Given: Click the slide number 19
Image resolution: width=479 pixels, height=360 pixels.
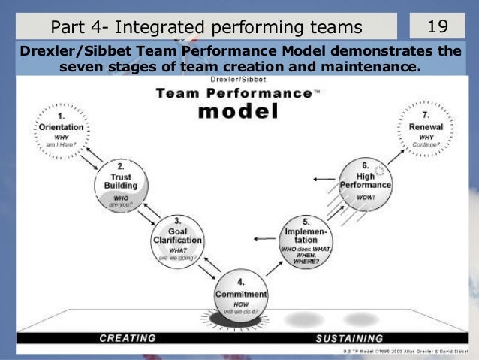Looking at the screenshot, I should point(437,27).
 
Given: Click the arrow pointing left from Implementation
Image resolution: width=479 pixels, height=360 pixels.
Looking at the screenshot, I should point(264,239).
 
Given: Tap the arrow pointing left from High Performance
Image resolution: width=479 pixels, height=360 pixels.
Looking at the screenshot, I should point(323,179).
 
